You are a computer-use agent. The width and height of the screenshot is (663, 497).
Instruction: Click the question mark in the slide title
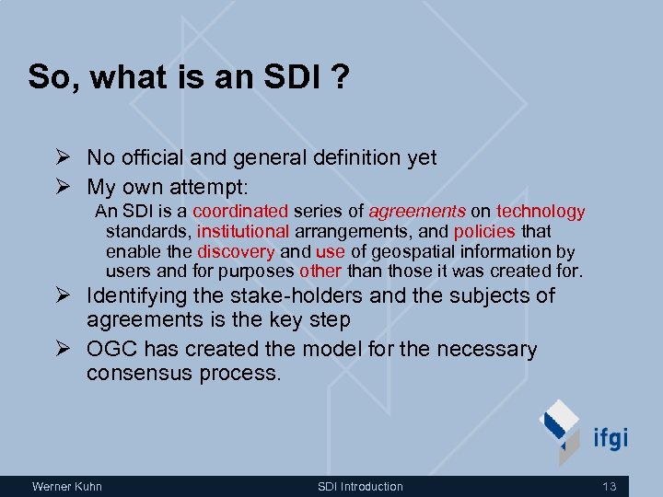[x=340, y=76]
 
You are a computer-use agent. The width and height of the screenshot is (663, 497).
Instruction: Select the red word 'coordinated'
[x=240, y=212]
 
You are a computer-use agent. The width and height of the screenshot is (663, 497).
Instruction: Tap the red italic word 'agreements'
[x=416, y=212]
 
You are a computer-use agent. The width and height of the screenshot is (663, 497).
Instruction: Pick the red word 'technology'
[x=541, y=212]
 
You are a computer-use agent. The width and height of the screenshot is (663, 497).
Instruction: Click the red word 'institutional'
[x=243, y=232]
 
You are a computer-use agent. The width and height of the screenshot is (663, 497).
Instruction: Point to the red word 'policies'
[x=484, y=232]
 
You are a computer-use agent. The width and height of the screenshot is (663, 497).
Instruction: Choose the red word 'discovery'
[x=236, y=251]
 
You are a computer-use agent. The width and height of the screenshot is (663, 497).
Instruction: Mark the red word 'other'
[x=320, y=272]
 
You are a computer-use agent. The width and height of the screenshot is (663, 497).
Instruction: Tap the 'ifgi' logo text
[x=608, y=436]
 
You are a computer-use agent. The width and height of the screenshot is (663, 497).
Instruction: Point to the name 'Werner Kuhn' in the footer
[x=67, y=486]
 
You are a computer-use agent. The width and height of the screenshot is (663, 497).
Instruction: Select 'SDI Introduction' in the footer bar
[x=360, y=486]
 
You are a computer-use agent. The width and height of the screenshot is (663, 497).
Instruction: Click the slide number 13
[x=609, y=486]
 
